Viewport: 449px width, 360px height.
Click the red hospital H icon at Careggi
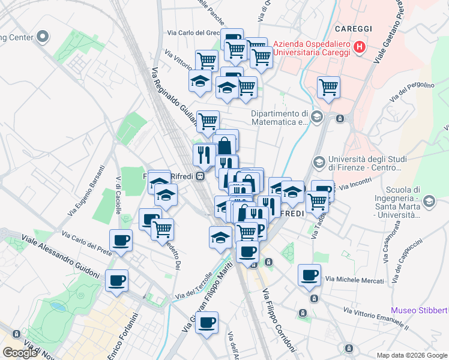tap(360, 46)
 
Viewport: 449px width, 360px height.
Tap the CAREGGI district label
tap(354, 29)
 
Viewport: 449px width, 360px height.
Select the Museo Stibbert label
tap(419, 310)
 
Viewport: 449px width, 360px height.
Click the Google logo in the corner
tap(20, 353)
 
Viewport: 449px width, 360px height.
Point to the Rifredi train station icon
tap(200, 176)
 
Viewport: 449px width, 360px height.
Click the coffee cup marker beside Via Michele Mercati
tap(310, 275)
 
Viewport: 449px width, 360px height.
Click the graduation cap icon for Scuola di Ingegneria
tap(429, 202)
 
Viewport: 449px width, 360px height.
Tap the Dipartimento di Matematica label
tap(279, 118)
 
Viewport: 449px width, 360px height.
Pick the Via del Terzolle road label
tap(194, 287)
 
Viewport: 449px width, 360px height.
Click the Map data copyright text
tap(411, 355)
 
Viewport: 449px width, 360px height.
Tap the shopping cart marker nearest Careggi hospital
tap(328, 88)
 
